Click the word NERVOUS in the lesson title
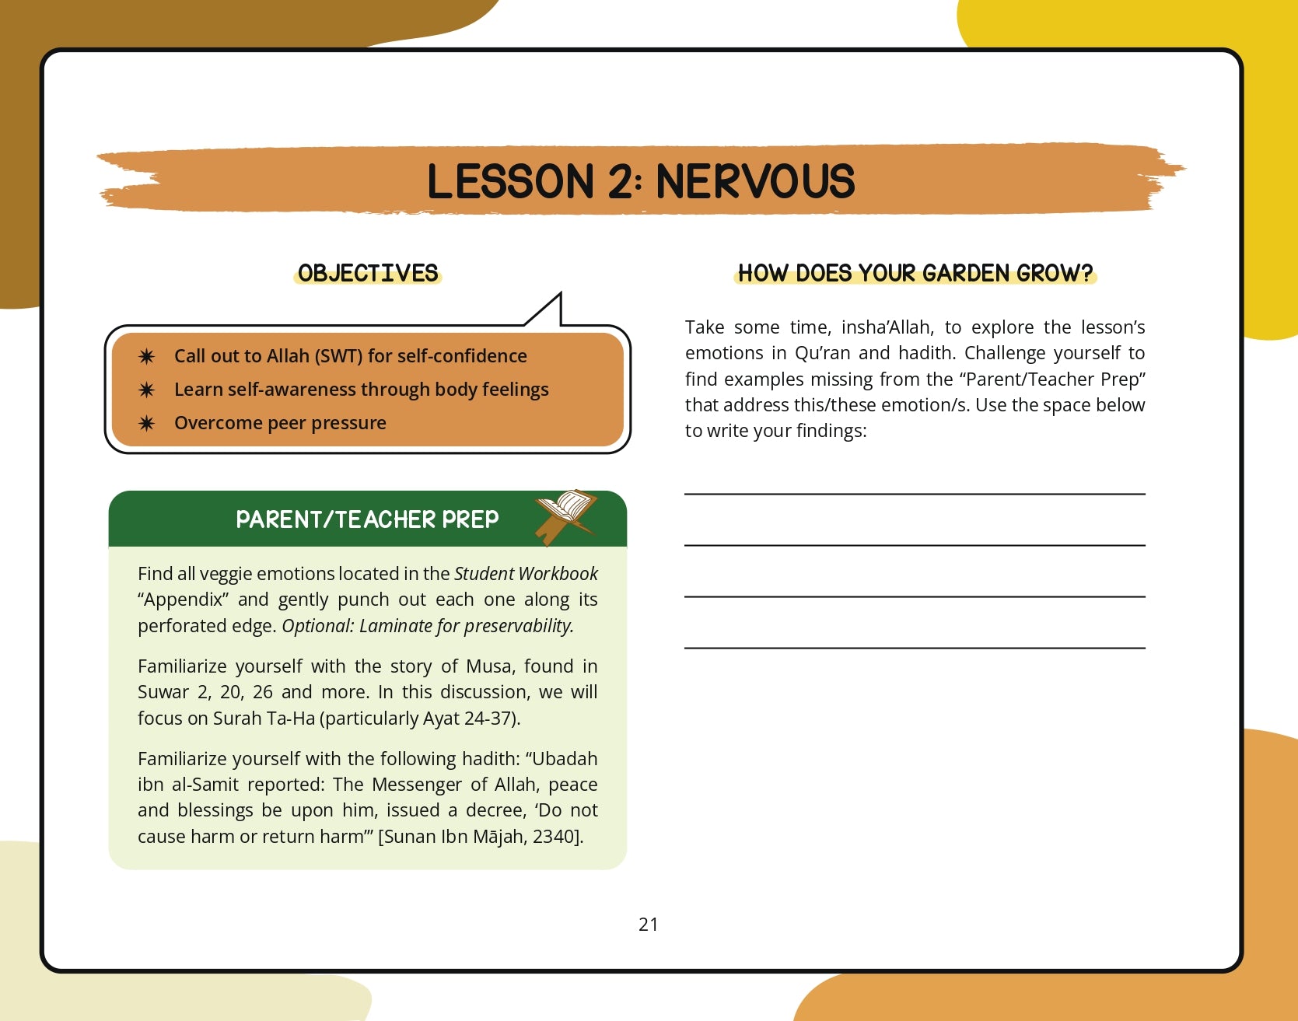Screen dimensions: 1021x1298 coord(754,182)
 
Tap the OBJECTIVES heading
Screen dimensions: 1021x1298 coord(368,273)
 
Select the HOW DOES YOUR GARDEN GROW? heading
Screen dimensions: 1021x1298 coord(915,273)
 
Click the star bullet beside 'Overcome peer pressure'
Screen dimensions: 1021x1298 coord(146,423)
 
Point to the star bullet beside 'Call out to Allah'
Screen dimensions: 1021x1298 coord(146,356)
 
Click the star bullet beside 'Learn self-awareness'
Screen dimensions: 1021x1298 coord(146,390)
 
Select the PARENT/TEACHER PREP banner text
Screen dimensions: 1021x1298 coord(367,519)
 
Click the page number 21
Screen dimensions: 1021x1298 coord(648,924)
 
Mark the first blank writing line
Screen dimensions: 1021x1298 coord(915,493)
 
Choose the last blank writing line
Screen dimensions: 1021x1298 coord(915,647)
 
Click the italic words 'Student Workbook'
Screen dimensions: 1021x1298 coord(526,574)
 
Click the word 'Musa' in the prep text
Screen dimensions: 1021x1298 coord(488,666)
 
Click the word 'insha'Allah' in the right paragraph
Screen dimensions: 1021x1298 coord(886,327)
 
